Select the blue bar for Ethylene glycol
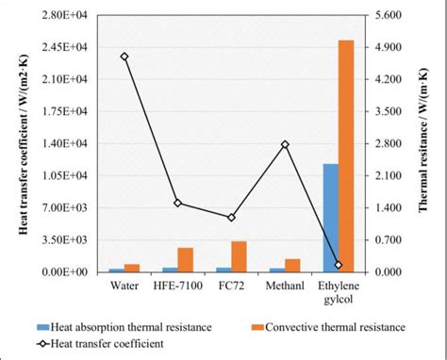point(330,218)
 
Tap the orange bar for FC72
point(239,256)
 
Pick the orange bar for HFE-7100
point(185,260)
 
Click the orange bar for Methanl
point(292,265)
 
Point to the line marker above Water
point(124,57)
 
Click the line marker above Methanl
point(285,144)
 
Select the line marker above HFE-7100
point(177,203)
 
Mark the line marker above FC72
point(231,218)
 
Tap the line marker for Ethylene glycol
point(339,265)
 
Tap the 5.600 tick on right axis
point(388,16)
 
